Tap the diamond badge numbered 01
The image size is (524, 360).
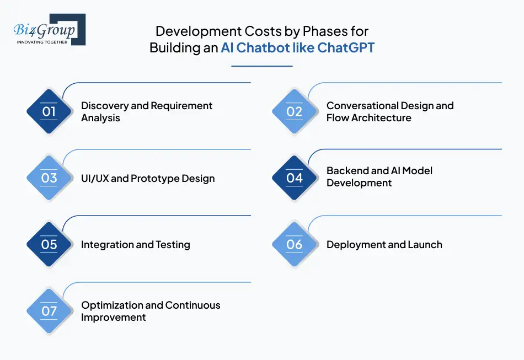click(49, 111)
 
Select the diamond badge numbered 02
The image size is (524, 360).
click(295, 111)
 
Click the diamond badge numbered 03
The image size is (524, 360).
click(49, 178)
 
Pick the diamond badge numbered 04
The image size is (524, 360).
click(295, 178)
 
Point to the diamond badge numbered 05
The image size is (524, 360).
click(49, 244)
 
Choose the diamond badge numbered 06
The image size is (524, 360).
click(295, 244)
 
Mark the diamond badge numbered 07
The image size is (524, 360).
click(49, 311)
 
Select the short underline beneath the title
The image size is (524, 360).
click(261, 66)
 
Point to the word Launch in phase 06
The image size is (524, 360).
click(425, 245)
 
